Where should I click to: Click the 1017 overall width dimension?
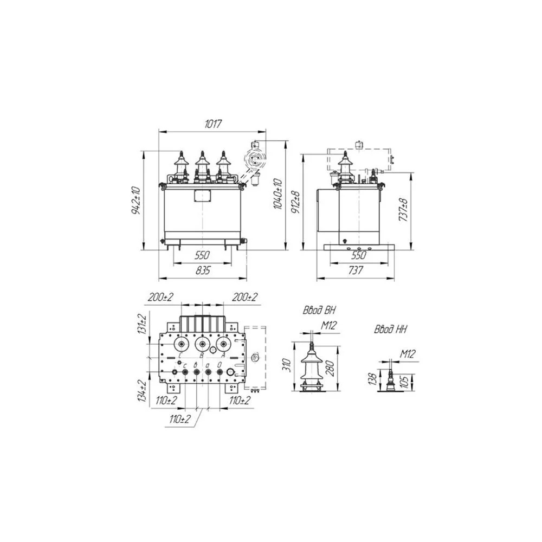(x=212, y=124)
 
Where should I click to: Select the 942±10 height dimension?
(x=136, y=201)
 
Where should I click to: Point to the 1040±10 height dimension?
(x=278, y=194)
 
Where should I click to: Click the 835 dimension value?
(x=203, y=270)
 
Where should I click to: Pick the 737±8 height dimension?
(x=403, y=210)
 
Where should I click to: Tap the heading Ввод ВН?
(x=319, y=310)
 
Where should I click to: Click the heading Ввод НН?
(x=390, y=330)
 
